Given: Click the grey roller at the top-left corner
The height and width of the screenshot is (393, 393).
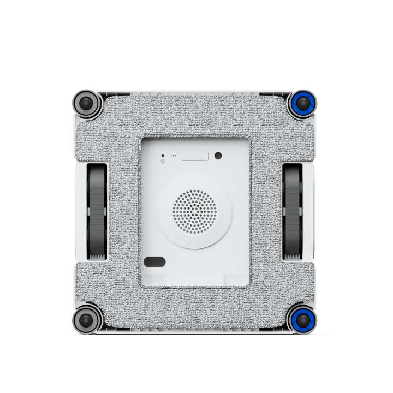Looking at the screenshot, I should click(x=87, y=103).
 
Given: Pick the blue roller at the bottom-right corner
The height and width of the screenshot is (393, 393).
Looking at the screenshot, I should click(x=302, y=318).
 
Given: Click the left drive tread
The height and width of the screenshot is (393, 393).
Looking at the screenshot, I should click(x=98, y=210).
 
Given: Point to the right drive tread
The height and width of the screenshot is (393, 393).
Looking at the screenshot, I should click(x=293, y=210).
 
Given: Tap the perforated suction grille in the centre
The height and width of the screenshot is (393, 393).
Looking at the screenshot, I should click(x=194, y=210).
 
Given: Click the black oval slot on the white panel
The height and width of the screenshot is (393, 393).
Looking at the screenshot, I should click(x=154, y=261).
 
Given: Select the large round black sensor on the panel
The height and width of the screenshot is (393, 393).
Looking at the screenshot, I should click(x=218, y=156).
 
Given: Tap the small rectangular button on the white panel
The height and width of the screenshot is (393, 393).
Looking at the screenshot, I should click(x=195, y=156).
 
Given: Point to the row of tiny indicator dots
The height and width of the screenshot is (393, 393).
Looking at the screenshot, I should click(x=175, y=156).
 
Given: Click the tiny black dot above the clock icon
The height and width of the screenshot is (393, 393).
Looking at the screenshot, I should click(x=163, y=156).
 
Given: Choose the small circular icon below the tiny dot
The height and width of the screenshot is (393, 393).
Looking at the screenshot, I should click(x=163, y=162).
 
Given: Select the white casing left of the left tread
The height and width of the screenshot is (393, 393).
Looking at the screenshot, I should click(x=81, y=210).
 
